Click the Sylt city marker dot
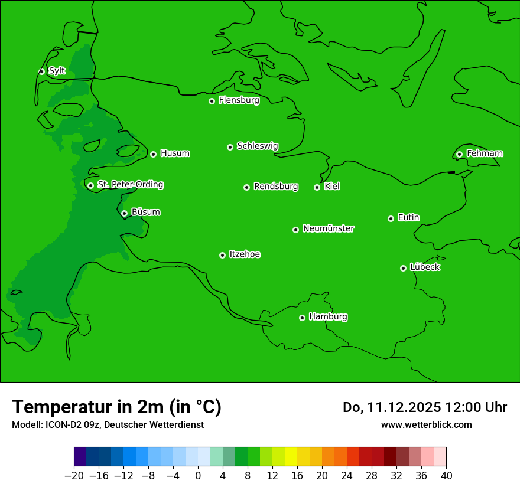click(x=41, y=71)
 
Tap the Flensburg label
click(x=239, y=100)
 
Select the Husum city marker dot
click(x=153, y=154)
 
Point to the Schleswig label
click(x=257, y=146)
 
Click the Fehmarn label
click(x=485, y=153)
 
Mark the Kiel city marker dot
click(x=317, y=187)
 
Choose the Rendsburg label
click(x=276, y=187)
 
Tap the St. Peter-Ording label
click(x=130, y=185)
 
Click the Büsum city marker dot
click(x=124, y=213)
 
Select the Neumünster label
click(x=329, y=228)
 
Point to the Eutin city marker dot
click(x=391, y=218)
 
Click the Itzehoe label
click(x=245, y=254)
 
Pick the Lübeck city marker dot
click(x=403, y=268)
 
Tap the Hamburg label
click(x=328, y=317)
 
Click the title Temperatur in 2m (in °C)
click(x=116, y=407)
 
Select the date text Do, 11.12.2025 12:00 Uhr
click(x=424, y=407)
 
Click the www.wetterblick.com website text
click(x=426, y=424)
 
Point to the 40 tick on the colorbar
click(x=446, y=475)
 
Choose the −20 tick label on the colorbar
click(x=74, y=475)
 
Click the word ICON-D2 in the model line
click(x=60, y=424)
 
